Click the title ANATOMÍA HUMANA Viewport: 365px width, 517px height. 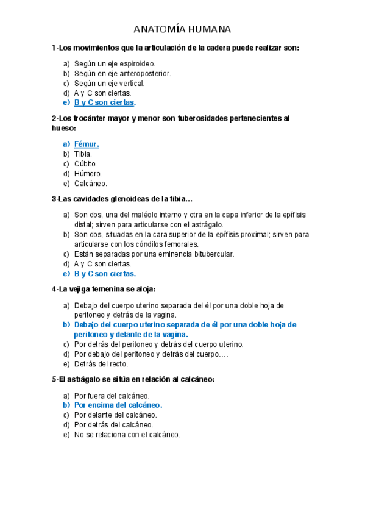[182, 30]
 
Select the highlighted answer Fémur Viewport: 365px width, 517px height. [86, 144]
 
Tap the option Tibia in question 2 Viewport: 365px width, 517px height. [83, 154]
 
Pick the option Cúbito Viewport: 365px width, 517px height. [85, 164]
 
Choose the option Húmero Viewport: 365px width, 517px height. [87, 174]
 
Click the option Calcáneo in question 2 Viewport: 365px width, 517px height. [90, 184]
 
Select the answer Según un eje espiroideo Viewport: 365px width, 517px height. [115, 63]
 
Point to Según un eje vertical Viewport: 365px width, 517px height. [109, 83]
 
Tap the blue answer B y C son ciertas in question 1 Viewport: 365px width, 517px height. [104, 102]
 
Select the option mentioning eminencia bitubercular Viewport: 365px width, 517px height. [154, 254]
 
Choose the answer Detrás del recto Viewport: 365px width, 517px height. [101, 364]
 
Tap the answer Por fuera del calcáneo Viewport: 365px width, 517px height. [112, 395]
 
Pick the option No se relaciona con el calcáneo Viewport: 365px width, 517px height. [127, 435]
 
